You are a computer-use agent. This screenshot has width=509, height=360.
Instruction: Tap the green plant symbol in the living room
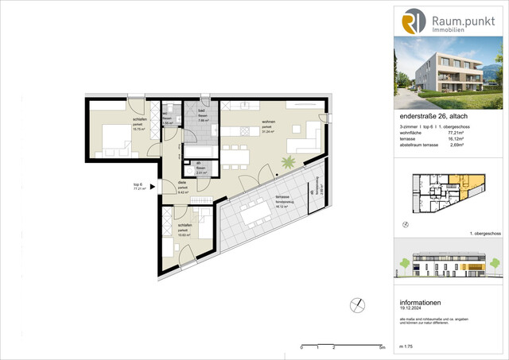[286, 162]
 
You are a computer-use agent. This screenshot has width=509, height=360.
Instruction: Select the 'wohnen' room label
[267, 123]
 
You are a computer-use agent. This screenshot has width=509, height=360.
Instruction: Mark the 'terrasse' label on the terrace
[282, 195]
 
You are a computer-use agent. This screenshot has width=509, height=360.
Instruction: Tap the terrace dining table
[255, 213]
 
